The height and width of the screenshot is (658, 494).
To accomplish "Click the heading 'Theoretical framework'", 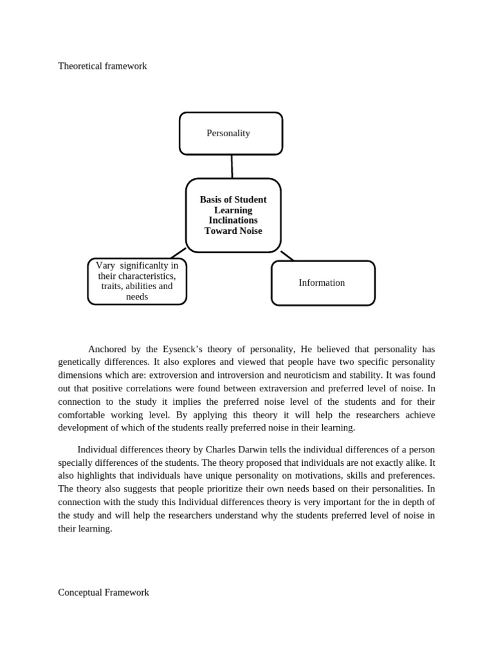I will click(102, 66).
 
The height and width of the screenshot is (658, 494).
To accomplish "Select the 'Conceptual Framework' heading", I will click(104, 592).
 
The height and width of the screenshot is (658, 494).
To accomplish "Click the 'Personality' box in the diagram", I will click(230, 134).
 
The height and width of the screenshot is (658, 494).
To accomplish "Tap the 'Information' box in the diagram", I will click(322, 283).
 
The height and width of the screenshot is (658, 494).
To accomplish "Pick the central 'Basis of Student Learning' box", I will click(233, 215).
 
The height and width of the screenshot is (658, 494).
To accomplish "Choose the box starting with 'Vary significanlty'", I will click(137, 281).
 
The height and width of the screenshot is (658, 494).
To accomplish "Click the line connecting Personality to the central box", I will click(232, 166).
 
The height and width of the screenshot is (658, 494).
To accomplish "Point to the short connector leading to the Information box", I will click(287, 256).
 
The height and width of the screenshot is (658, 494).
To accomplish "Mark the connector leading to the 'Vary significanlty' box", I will click(178, 253).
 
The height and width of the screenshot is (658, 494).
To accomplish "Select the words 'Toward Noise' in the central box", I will click(233, 231).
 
